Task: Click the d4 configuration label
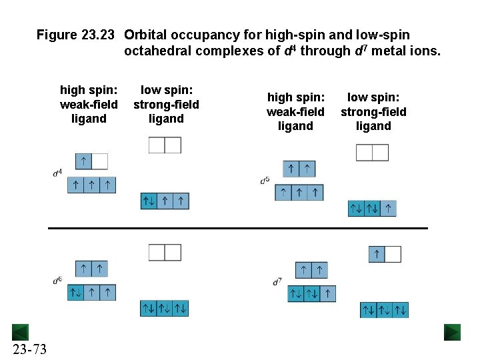point(57,173)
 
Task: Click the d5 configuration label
point(265,180)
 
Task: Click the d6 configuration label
point(57,281)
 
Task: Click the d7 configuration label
point(277,282)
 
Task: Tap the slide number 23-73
point(29,349)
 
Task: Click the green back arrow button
point(20,332)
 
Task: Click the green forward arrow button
point(453,332)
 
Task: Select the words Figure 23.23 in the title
point(76,35)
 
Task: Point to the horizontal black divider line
point(238,228)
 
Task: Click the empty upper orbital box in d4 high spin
point(99,161)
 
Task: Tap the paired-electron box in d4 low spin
point(149,201)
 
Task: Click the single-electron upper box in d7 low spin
point(377,254)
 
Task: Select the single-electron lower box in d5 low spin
point(388,209)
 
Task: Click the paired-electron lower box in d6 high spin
point(75,292)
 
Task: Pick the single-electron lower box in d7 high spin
point(328,293)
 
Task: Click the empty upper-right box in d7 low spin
point(393,254)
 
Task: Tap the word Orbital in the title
point(145,35)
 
